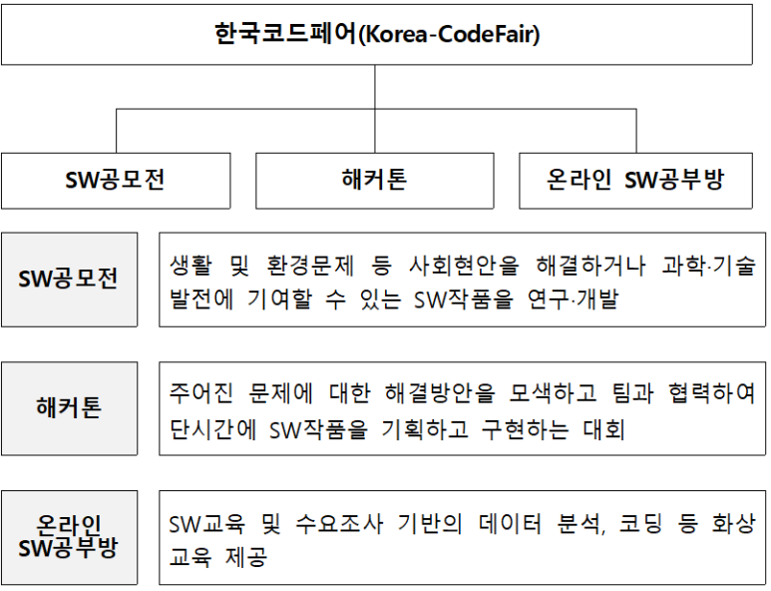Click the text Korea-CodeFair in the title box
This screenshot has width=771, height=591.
click(x=451, y=35)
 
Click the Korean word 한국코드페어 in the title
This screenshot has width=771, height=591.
click(x=285, y=34)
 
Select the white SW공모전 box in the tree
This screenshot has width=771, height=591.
click(x=116, y=181)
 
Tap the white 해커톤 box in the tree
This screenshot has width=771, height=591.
click(x=375, y=181)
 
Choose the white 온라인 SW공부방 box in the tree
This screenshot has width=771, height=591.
click(x=635, y=181)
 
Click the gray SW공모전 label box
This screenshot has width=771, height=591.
click(x=70, y=280)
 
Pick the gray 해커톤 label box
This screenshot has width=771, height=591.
click(x=70, y=408)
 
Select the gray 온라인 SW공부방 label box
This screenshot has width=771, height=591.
click(x=70, y=537)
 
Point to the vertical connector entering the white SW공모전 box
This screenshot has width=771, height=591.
click(x=116, y=131)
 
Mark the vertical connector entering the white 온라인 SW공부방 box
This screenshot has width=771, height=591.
click(x=636, y=131)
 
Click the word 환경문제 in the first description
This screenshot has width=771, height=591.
click(x=310, y=266)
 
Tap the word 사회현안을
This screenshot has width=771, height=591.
click(x=464, y=266)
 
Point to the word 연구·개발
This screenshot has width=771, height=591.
click(x=573, y=299)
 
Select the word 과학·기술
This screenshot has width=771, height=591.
click(x=708, y=266)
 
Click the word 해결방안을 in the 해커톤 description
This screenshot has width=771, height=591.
click(x=440, y=393)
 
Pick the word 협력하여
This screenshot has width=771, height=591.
click(x=711, y=393)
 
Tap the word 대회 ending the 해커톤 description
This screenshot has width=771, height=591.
click(x=603, y=429)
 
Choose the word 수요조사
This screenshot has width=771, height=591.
click(x=339, y=523)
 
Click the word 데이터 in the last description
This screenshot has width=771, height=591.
click(x=510, y=523)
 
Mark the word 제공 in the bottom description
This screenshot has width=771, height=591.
click(x=246, y=557)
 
